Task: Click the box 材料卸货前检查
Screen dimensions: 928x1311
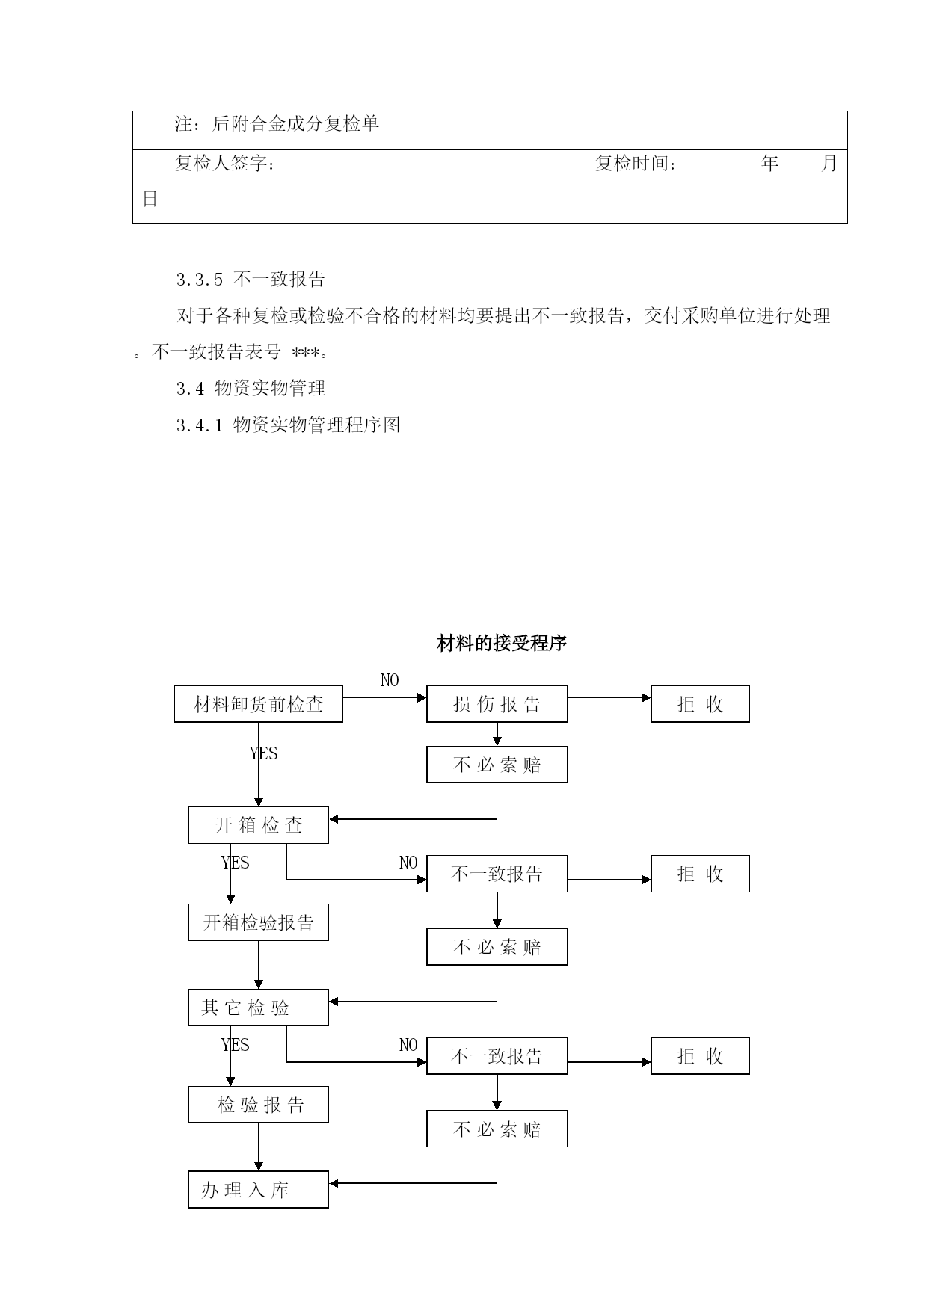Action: tap(258, 703)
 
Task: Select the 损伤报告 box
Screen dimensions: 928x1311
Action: tap(497, 703)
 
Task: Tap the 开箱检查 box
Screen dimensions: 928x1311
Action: tap(258, 825)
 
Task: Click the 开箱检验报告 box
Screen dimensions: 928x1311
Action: tap(258, 922)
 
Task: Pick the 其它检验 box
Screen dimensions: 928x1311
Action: tap(258, 1008)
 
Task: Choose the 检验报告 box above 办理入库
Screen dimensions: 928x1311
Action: tap(258, 1105)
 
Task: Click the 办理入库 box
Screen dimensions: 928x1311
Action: tap(258, 1190)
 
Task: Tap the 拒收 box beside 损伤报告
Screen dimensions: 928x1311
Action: tap(700, 703)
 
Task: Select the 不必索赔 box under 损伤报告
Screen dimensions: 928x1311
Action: tap(497, 765)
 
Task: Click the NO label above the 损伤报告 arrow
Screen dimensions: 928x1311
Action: tap(390, 680)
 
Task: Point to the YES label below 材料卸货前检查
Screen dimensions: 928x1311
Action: tap(264, 753)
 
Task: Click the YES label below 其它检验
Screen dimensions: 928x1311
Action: tap(236, 1045)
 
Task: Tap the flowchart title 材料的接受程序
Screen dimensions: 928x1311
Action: tap(502, 643)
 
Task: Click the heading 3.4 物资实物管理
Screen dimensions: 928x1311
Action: tap(251, 389)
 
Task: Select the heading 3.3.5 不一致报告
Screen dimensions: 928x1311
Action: tap(251, 280)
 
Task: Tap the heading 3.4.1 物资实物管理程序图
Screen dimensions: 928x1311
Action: tap(289, 425)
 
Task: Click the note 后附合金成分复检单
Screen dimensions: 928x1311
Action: tap(296, 123)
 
